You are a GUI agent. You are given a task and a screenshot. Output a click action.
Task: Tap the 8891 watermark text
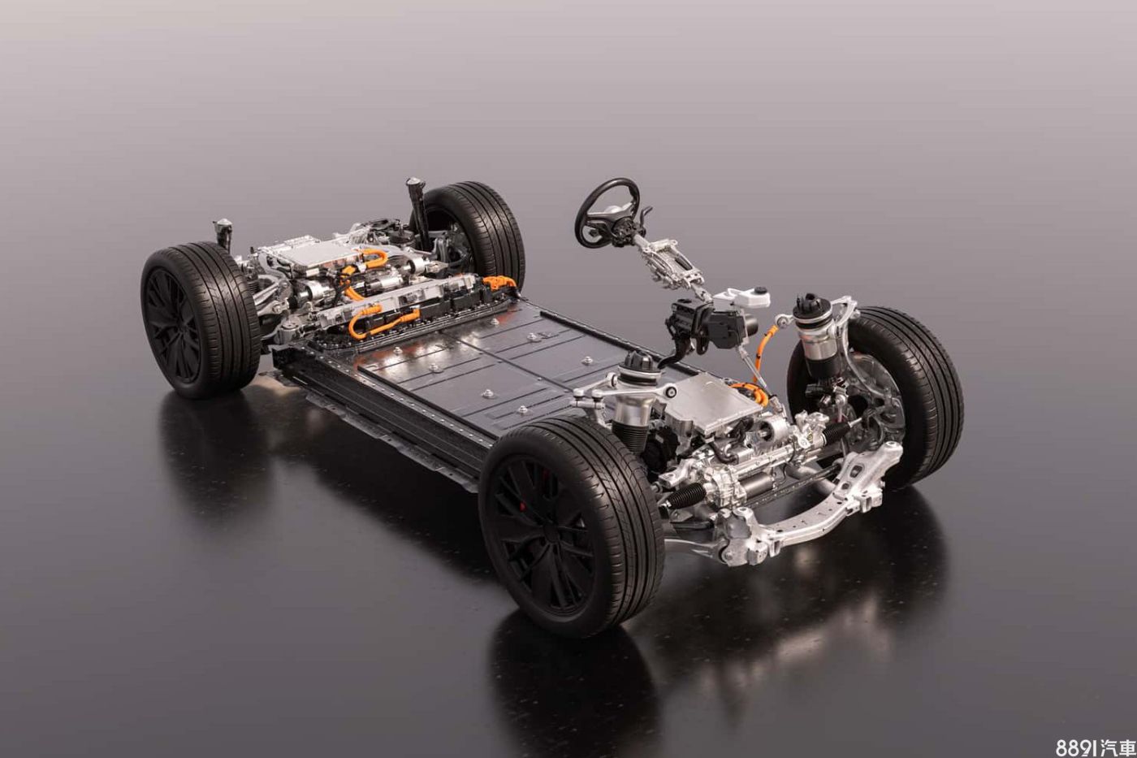tap(1096, 747)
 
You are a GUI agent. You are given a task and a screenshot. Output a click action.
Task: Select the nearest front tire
tap(572, 527)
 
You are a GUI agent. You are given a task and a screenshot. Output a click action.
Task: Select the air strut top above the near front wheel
tap(638, 363)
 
